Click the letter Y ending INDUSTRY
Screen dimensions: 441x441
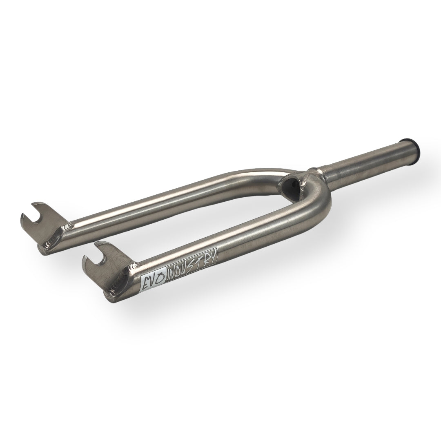213,255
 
